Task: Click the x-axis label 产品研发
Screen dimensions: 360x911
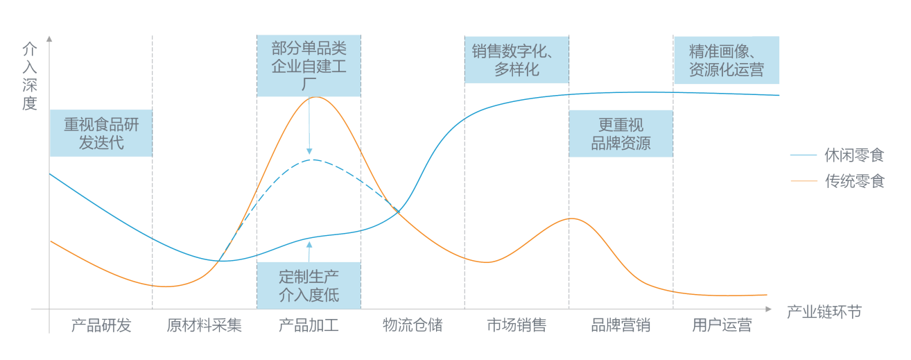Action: point(101,325)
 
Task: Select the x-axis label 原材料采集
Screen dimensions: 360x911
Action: point(205,325)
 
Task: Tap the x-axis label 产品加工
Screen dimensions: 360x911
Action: point(309,325)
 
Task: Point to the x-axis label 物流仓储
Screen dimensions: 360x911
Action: point(413,325)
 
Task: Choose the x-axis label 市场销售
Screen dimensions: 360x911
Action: point(517,325)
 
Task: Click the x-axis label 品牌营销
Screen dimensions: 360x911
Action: point(621,325)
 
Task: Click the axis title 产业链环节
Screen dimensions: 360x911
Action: point(824,311)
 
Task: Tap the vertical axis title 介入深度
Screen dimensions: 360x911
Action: point(30,76)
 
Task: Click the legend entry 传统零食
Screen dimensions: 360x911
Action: point(853,182)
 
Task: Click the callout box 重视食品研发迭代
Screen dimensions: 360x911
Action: point(101,134)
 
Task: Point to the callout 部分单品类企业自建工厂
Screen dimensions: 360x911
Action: point(309,66)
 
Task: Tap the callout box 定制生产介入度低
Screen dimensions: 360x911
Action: point(309,285)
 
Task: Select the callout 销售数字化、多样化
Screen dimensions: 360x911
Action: point(517,60)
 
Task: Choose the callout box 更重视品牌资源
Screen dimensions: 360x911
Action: point(621,134)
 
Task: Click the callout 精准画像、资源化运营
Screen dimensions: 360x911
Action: point(726,60)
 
